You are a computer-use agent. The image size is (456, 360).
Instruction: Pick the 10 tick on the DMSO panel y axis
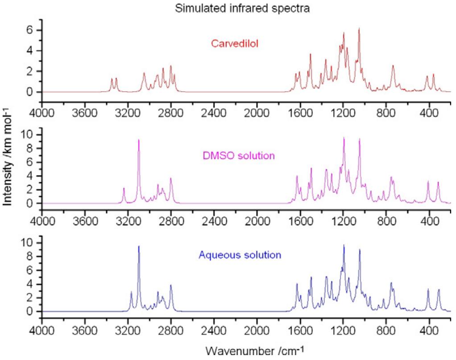(32, 134)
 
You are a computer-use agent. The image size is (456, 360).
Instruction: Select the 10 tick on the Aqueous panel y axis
(32, 243)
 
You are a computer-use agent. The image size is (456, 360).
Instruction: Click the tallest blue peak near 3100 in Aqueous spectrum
(139, 247)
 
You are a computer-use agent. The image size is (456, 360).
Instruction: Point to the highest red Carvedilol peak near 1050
(359, 29)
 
